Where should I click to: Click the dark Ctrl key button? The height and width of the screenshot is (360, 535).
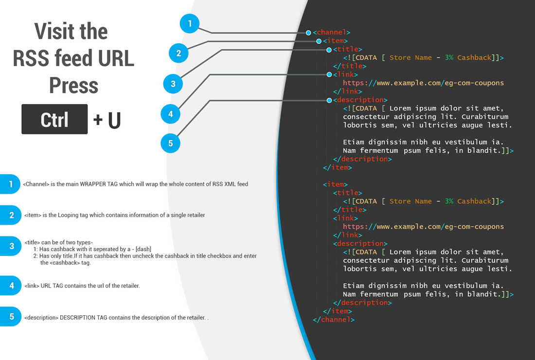pos(54,119)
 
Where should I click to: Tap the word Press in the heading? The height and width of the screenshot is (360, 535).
pos(73,86)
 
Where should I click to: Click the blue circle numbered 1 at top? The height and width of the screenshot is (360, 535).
pos(190,23)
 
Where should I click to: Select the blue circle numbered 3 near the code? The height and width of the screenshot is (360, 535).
pos(173,84)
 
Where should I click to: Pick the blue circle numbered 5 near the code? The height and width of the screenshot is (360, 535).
pos(170,143)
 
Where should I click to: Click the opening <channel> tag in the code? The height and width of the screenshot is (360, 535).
pos(332,33)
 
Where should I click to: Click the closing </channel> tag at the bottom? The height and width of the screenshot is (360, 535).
pos(334,320)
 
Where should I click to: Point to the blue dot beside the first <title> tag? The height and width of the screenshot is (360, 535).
pos(329,50)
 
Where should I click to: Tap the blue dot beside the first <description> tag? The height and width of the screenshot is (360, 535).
pos(329,100)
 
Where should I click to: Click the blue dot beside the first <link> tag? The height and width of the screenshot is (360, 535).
pos(329,74)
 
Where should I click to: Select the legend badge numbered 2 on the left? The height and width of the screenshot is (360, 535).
pos(11,215)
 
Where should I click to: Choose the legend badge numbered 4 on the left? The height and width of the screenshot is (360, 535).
pos(11,286)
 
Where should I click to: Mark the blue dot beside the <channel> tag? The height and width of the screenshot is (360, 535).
pos(308,33)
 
